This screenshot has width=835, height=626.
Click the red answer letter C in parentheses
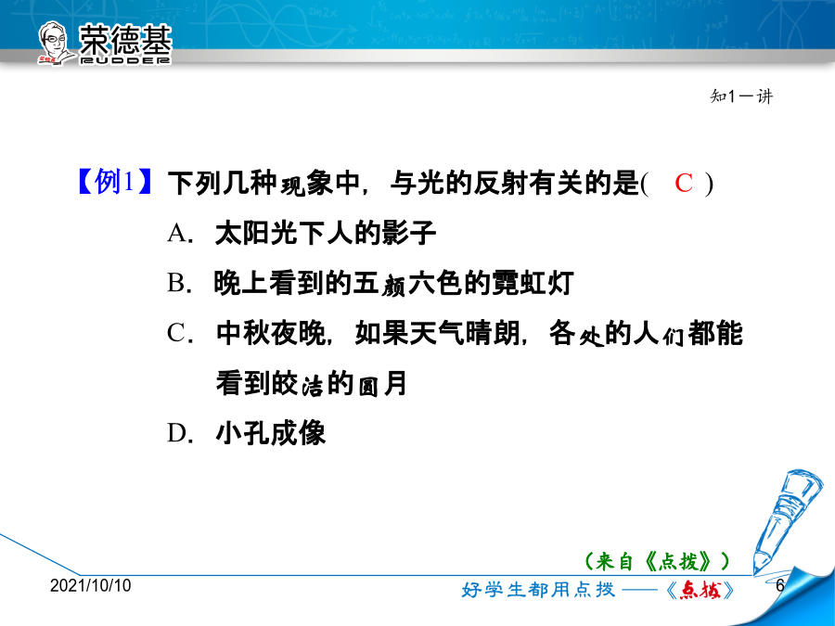click(684, 183)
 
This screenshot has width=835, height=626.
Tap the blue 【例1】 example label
click(114, 182)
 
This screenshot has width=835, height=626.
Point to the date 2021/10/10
click(91, 585)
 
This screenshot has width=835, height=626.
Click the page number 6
click(780, 585)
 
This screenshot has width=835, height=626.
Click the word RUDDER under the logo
click(125, 60)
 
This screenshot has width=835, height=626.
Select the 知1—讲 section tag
click(741, 96)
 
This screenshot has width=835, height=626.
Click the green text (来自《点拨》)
click(657, 561)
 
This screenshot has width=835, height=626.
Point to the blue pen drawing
click(780, 520)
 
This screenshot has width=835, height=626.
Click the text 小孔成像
click(271, 433)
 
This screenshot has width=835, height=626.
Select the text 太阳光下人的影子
click(326, 233)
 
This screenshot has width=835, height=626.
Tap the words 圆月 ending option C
click(382, 383)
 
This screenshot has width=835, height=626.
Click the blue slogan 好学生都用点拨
click(538, 590)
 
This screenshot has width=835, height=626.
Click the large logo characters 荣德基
click(125, 39)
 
